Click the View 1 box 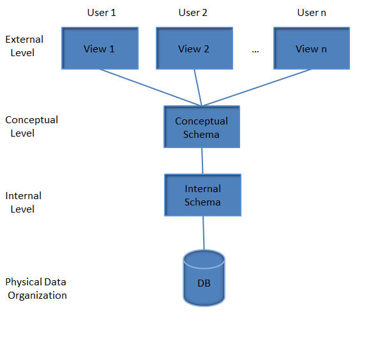pos(100,49)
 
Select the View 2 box pos(193,49)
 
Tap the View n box pos(311,49)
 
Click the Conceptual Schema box pos(202,127)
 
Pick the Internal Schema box pos(202,195)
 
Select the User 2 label pos(193,13)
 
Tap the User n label pos(311,13)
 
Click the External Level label pos(24,46)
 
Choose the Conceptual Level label pos(31,126)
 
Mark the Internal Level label pos(23,202)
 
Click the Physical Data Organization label pos(36,289)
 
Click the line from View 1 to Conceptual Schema pos(150,87)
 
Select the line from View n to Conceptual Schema pos(257,87)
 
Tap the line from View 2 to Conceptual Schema pos(198,87)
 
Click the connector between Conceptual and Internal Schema pos(202,161)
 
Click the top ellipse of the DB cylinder pos(204,258)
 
